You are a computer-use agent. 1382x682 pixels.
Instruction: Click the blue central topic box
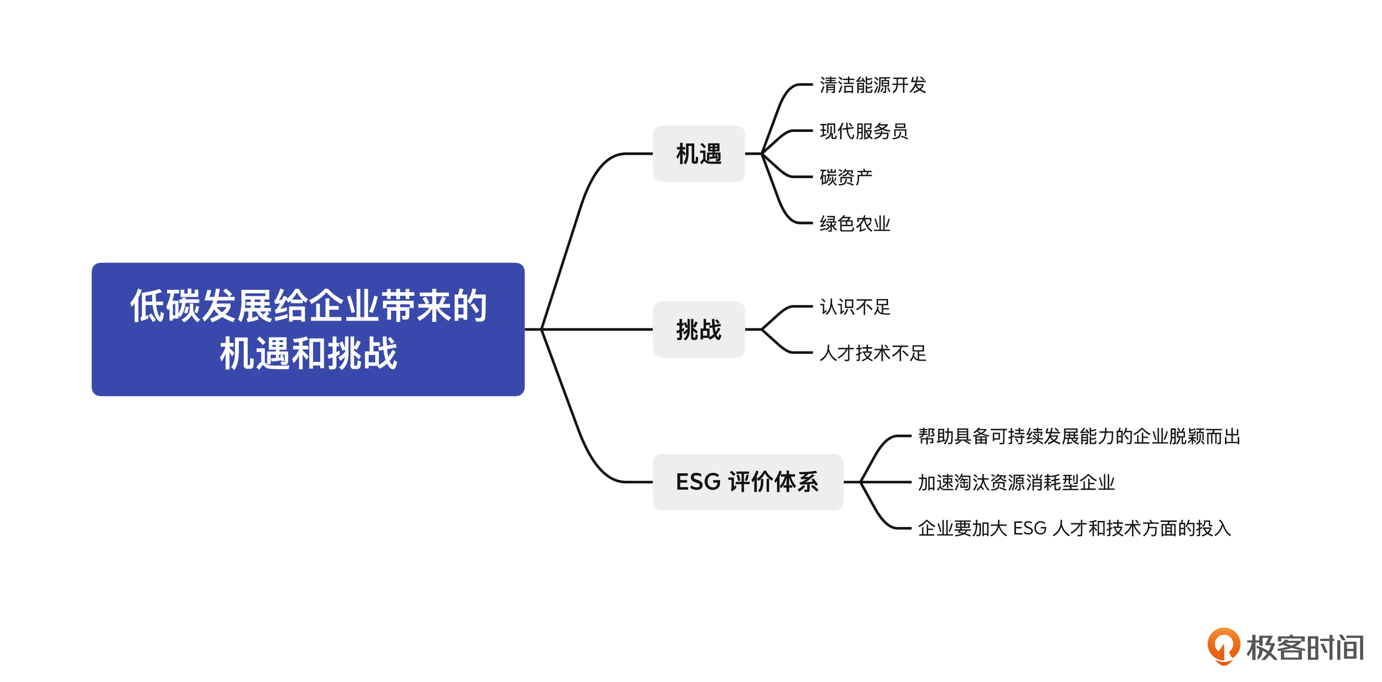(x=308, y=329)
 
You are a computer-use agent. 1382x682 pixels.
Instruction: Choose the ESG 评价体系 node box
(x=747, y=482)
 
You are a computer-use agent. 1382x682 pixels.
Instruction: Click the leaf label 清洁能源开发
(x=872, y=85)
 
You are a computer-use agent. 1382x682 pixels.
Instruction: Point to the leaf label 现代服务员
(x=863, y=131)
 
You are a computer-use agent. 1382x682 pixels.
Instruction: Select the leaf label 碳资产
(x=845, y=177)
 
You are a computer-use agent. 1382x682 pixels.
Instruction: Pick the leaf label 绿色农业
(x=855, y=223)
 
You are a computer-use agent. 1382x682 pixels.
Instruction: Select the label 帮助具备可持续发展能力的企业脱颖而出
(x=1079, y=436)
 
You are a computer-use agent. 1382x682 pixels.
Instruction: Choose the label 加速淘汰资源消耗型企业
(x=1016, y=482)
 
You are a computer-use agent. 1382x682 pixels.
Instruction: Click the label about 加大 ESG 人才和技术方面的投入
(x=1074, y=529)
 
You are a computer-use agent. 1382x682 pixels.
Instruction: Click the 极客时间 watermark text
(x=1305, y=647)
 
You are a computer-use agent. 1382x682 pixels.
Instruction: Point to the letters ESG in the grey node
(x=698, y=482)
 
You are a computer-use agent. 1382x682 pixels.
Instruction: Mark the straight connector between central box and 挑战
(x=595, y=329)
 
